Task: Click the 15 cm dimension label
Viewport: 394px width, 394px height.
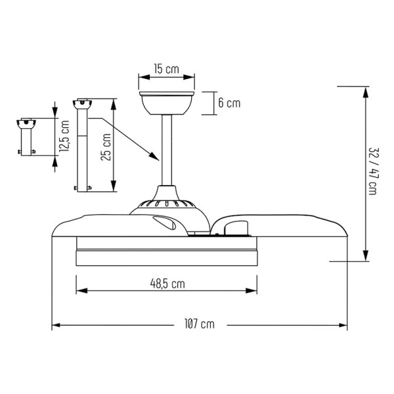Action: (167, 69)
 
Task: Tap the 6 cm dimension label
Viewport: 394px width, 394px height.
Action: (229, 103)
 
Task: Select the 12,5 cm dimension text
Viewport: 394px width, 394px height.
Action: (64, 136)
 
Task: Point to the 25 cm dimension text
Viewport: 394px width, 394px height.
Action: (106, 147)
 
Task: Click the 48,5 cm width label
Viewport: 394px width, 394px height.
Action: (167, 284)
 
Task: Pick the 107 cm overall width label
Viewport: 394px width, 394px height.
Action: (200, 324)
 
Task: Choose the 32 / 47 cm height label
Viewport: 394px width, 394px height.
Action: (374, 171)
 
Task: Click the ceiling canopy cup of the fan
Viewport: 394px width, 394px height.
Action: (167, 103)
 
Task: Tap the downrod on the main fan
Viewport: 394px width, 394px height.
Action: (167, 150)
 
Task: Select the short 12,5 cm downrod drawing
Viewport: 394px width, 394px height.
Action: (26, 137)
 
